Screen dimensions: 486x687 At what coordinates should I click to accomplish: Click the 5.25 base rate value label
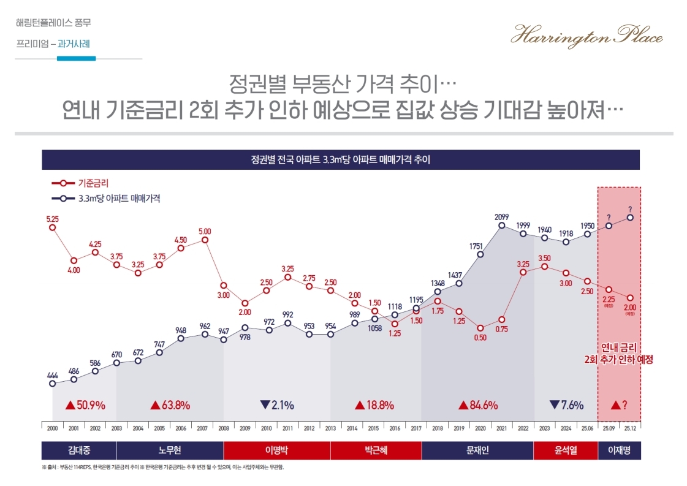pos(52,219)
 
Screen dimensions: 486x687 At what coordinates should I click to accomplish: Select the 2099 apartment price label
pos(502,216)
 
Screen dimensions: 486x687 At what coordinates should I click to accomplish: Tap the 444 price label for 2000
pos(52,374)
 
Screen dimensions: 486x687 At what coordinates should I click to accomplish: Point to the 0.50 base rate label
pos(480,337)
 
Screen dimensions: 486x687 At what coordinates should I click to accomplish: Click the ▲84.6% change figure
pos(479,405)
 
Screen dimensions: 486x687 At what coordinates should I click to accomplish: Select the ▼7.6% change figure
pos(566,405)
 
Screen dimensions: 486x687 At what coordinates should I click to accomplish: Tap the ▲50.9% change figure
pos(85,405)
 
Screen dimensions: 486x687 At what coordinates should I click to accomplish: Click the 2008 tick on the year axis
pos(224,427)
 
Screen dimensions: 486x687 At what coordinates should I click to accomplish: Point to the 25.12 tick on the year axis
pos(630,427)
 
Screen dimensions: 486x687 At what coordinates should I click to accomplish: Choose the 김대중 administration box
pos(78,450)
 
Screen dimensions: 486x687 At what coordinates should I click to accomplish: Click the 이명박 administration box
pos(276,450)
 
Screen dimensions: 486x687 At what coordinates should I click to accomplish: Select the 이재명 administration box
pos(619,450)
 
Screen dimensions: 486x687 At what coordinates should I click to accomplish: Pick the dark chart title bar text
pos(340,160)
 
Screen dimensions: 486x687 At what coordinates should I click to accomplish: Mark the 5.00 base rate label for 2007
pos(205,231)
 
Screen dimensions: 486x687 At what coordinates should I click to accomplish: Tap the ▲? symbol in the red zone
pos(619,405)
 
